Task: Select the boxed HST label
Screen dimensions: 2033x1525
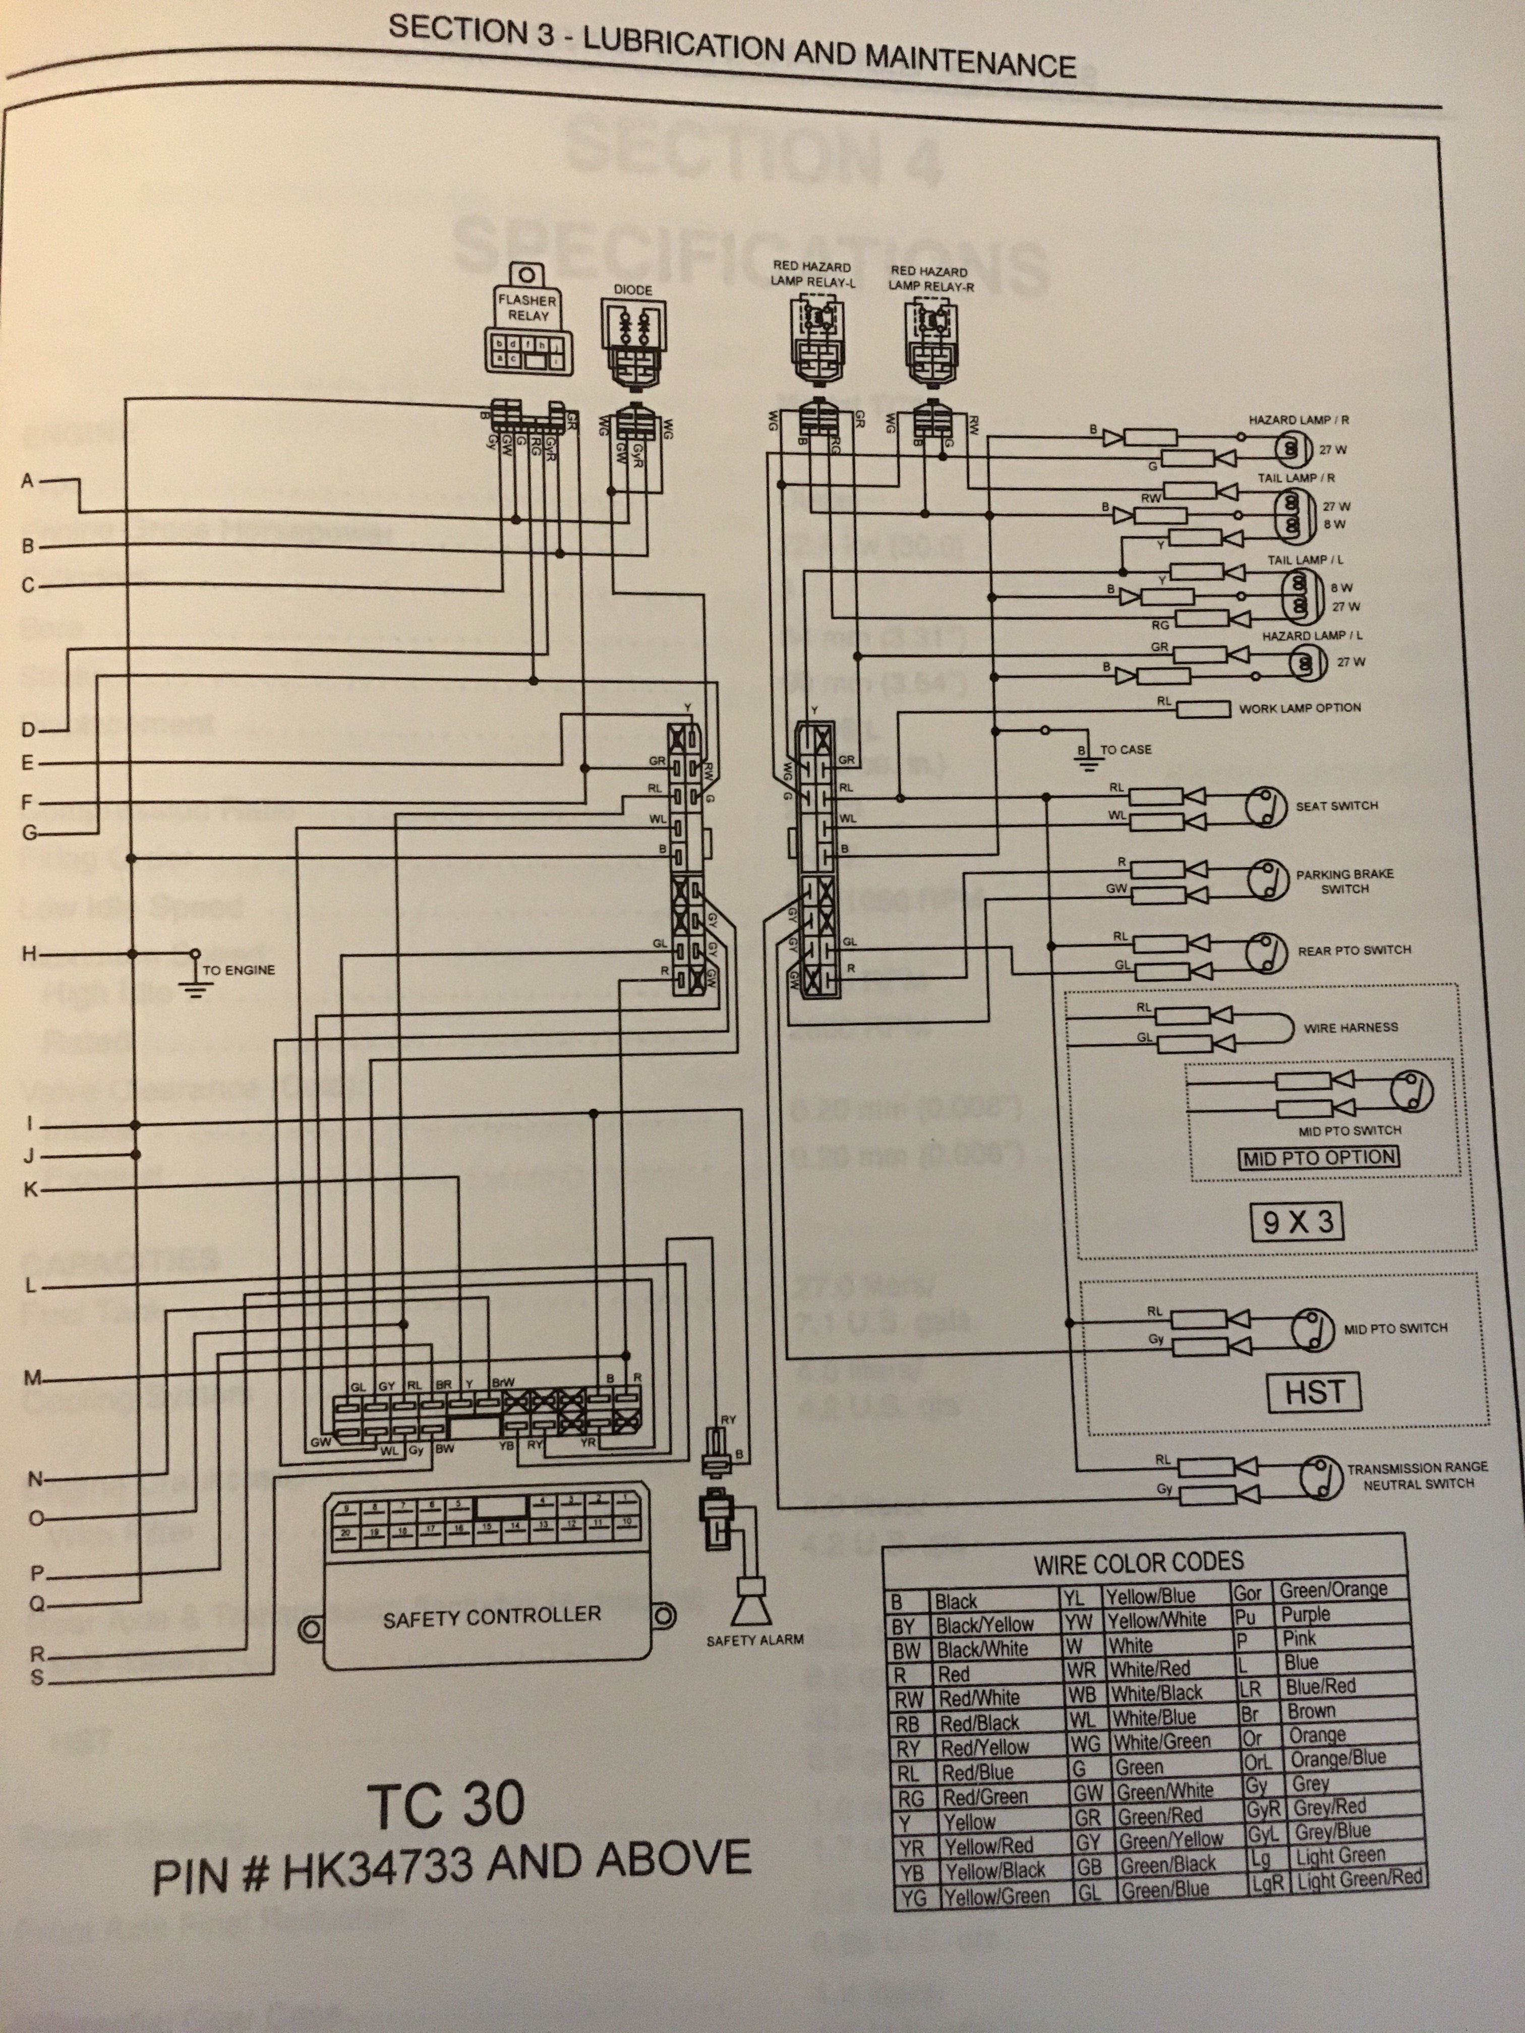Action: [1315, 1393]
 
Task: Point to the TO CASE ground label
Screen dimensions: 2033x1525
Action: [1125, 750]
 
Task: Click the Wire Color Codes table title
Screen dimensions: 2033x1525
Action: [1138, 1563]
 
